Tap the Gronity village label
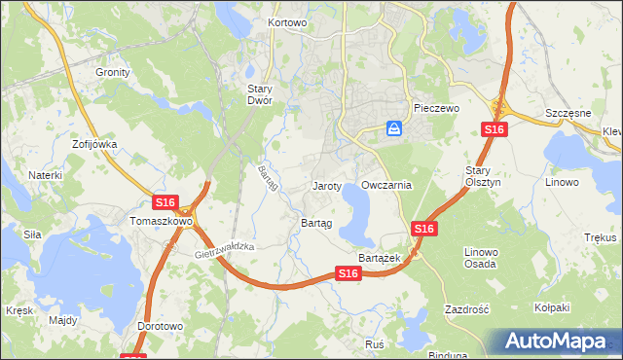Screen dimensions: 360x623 point(113,72)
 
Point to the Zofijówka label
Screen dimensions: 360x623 point(93,144)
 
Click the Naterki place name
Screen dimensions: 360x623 point(45,175)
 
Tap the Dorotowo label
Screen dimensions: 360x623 point(161,327)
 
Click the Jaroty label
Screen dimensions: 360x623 point(326,185)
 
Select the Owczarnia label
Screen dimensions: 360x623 point(386,184)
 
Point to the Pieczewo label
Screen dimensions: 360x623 point(435,108)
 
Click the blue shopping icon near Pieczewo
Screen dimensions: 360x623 point(394,127)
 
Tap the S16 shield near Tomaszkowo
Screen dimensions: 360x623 point(165,202)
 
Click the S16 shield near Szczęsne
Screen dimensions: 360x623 point(494,130)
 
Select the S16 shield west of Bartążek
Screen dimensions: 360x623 point(350,275)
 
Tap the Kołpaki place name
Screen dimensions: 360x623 point(551,307)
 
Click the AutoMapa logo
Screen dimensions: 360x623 point(560,341)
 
